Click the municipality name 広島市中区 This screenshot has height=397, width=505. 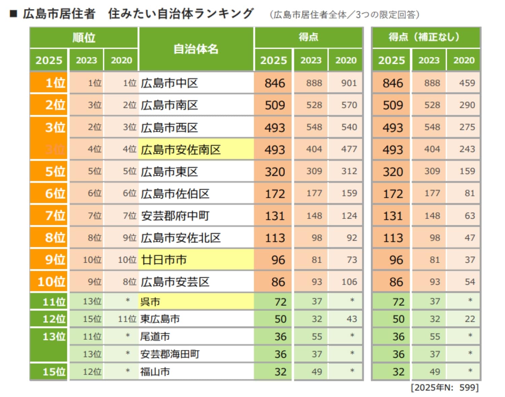(x=169, y=83)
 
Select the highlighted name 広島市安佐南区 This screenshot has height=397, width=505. (x=181, y=150)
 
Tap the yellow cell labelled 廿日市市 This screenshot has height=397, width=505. (x=164, y=260)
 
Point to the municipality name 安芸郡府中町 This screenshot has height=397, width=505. (x=175, y=216)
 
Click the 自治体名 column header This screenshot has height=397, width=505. (x=196, y=49)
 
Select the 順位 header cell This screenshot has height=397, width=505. (x=84, y=37)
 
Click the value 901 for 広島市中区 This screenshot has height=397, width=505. (x=348, y=83)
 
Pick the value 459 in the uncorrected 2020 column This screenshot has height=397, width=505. (x=467, y=83)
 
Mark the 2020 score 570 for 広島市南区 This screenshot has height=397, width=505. (x=348, y=105)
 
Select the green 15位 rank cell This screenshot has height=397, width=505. (x=54, y=372)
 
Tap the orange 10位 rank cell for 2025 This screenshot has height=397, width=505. (x=51, y=282)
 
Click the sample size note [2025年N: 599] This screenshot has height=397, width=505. (x=444, y=388)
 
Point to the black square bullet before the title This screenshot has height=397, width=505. (x=13, y=14)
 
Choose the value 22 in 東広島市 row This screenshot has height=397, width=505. (x=470, y=319)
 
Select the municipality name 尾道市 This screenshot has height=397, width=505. (x=155, y=336)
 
